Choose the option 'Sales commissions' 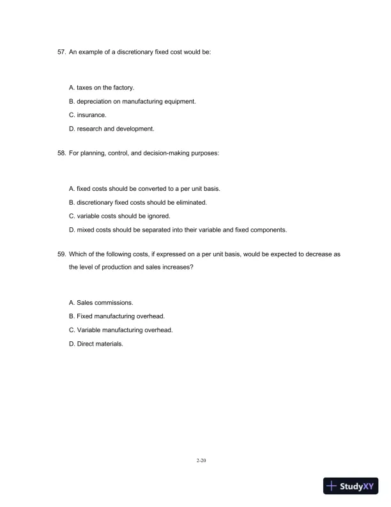coord(100,302)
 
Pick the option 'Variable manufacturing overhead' coord(120,330)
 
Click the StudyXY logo coord(353,487)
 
